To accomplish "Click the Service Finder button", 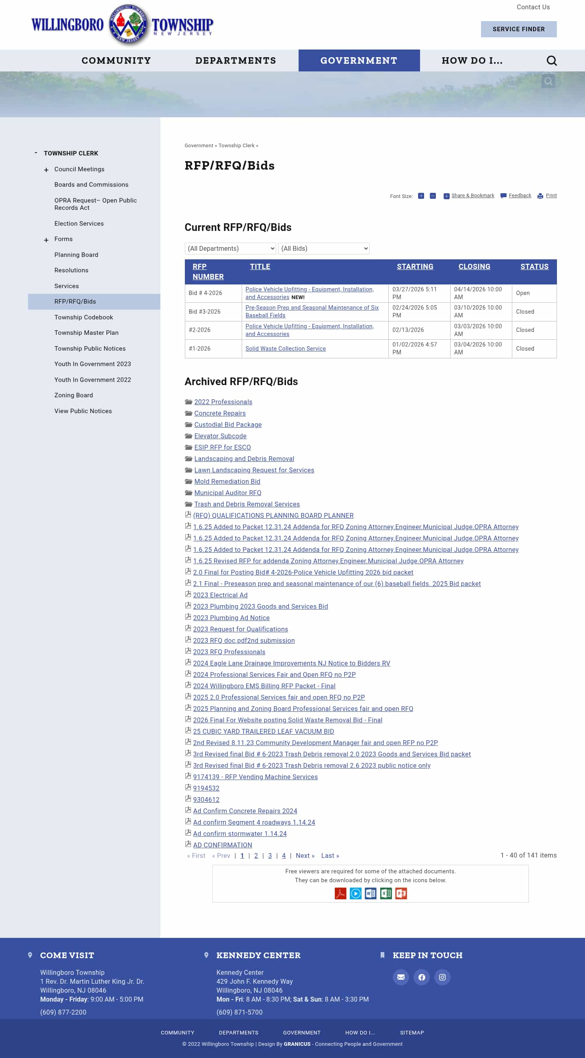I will click(x=518, y=29).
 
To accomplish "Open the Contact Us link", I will click(x=533, y=7).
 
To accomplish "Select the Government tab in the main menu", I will click(x=359, y=60).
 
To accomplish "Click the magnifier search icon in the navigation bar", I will click(x=551, y=61).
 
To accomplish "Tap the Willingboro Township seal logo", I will click(x=128, y=25).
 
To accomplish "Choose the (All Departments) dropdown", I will click(x=230, y=248).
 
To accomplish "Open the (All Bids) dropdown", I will click(x=323, y=248).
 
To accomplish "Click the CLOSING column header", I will click(x=474, y=267).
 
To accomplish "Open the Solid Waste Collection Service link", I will click(x=285, y=349).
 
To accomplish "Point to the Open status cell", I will click(x=522, y=293).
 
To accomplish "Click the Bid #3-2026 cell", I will click(x=204, y=312).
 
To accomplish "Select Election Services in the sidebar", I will click(x=79, y=224).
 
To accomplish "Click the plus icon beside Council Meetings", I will click(x=46, y=170).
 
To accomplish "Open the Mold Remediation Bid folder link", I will click(x=227, y=481).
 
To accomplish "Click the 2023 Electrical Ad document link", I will click(x=220, y=595).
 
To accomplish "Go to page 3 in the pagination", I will click(x=270, y=855).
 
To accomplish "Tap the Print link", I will click(x=551, y=196).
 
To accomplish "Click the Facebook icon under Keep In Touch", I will click(x=421, y=977).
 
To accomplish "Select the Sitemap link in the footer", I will click(x=412, y=1032).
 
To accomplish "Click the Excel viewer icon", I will click(x=386, y=893).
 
